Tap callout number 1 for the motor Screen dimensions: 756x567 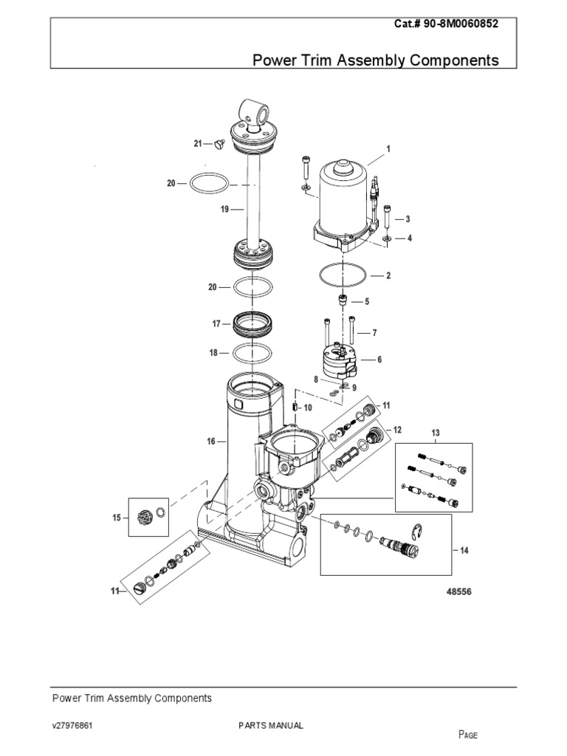pyautogui.click(x=388, y=148)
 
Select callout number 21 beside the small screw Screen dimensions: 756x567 pyautogui.click(x=197, y=143)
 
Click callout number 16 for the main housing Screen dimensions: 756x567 pyautogui.click(x=211, y=441)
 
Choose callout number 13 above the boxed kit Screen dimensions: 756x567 pyautogui.click(x=435, y=432)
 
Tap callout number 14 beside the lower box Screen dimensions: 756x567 pyautogui.click(x=464, y=551)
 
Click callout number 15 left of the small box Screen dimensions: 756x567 pyautogui.click(x=116, y=518)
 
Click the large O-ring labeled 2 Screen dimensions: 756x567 pyautogui.click(x=341, y=275)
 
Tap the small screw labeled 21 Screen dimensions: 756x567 pyautogui.click(x=219, y=145)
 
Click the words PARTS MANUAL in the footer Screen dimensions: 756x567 pyautogui.click(x=270, y=726)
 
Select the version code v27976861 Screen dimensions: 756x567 pyautogui.click(x=72, y=726)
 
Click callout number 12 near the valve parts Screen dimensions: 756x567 pyautogui.click(x=397, y=430)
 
